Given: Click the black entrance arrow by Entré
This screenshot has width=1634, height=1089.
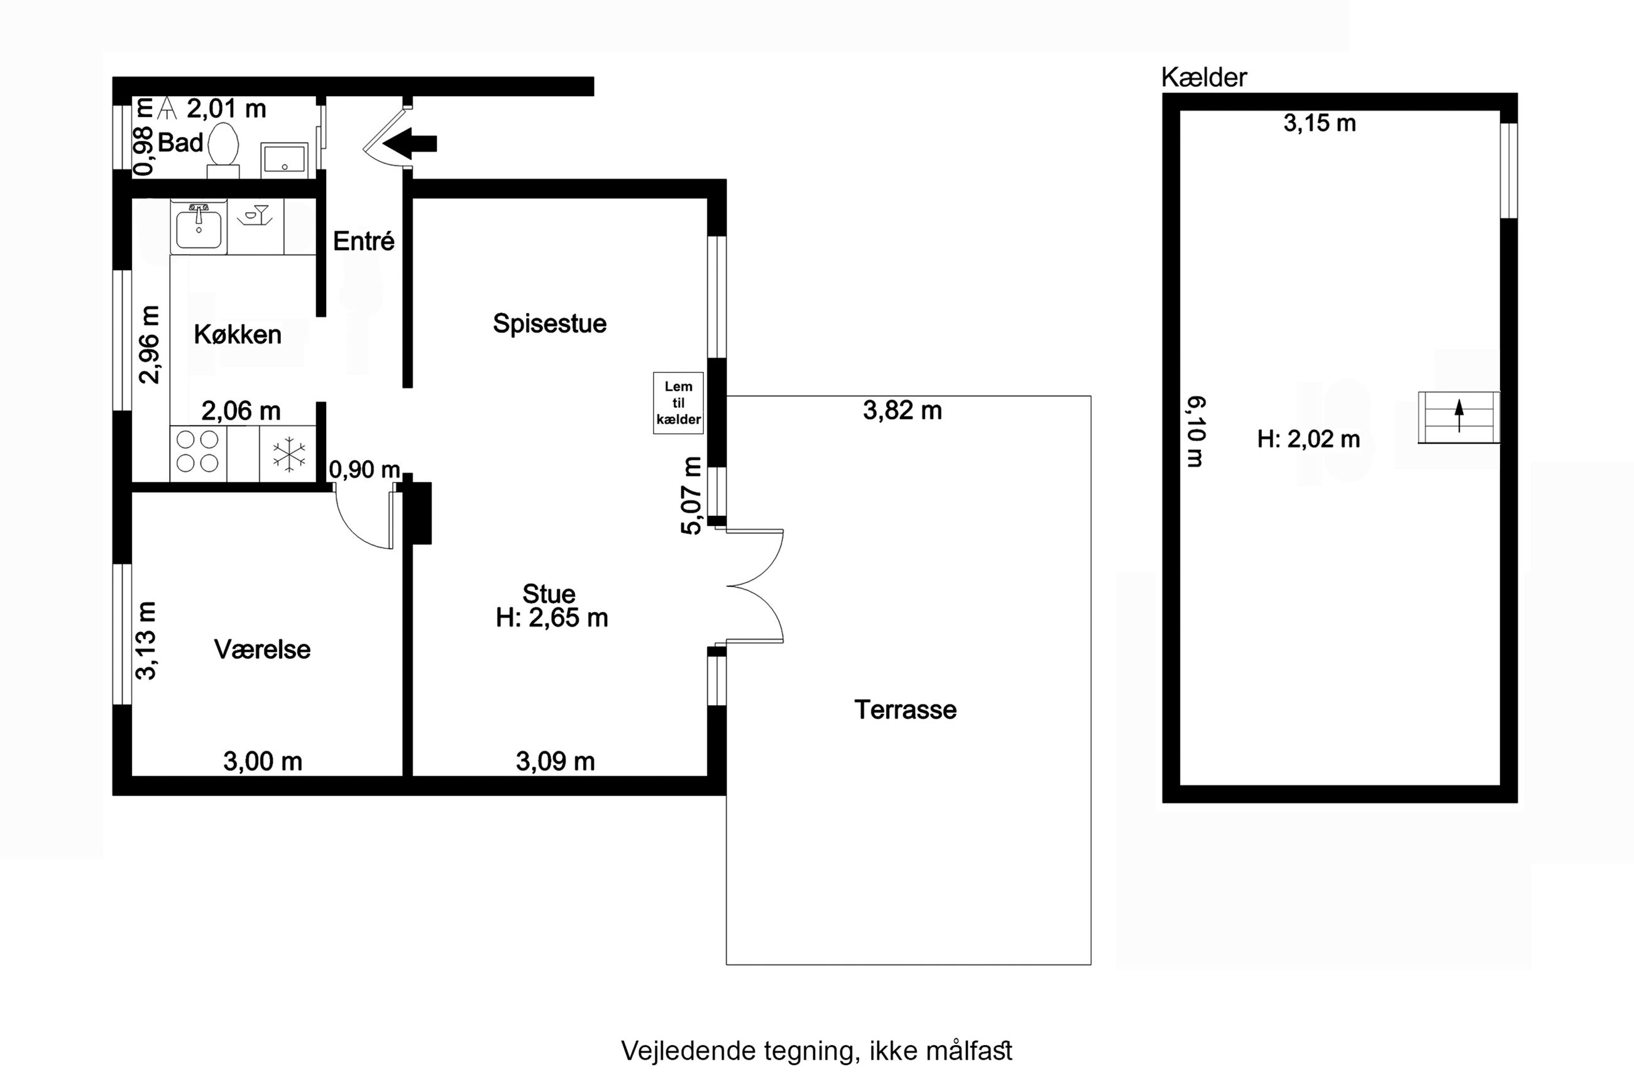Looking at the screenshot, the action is (410, 144).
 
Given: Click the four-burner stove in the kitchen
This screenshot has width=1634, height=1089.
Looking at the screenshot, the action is (198, 453).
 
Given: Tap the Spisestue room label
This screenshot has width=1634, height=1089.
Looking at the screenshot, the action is (549, 324).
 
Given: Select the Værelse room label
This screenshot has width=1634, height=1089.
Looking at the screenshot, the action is (263, 649).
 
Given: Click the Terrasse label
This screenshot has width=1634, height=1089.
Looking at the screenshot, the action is (906, 710).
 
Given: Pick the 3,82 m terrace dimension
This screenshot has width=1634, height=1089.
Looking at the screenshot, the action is (902, 410).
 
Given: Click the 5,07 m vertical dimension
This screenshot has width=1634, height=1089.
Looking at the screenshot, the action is (692, 495).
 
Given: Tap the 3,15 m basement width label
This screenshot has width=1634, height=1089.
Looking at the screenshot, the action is (1319, 123).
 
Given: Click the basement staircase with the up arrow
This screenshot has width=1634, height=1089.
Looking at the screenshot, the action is (1458, 417).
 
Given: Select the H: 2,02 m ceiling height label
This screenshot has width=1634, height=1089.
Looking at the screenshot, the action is (1308, 439).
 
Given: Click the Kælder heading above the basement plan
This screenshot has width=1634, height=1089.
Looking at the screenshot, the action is (1204, 77).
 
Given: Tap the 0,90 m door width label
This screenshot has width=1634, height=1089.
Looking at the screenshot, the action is (365, 470).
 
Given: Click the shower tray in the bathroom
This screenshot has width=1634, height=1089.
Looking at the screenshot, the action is (284, 158).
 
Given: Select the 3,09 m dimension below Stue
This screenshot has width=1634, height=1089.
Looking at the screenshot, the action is (555, 761).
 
